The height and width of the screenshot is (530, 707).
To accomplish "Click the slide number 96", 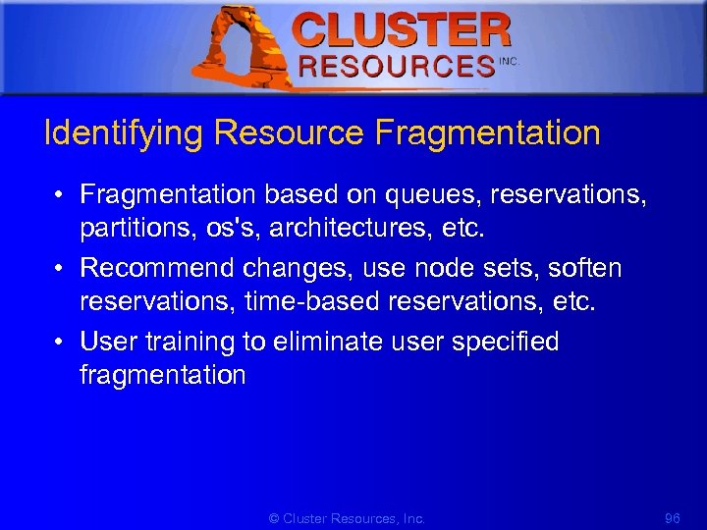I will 673,517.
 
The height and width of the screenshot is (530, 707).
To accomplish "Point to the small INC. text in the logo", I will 509,61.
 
